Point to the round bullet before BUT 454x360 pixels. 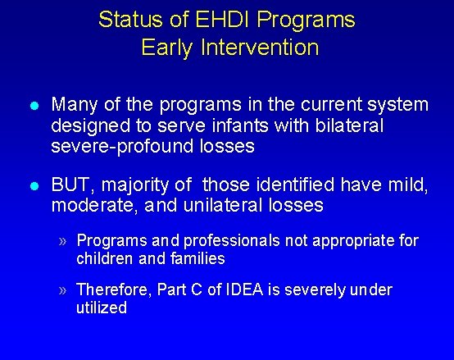(33, 186)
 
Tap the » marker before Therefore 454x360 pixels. (64, 289)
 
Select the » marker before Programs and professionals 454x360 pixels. (64, 240)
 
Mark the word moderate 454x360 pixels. (87, 206)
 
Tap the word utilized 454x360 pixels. (101, 308)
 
